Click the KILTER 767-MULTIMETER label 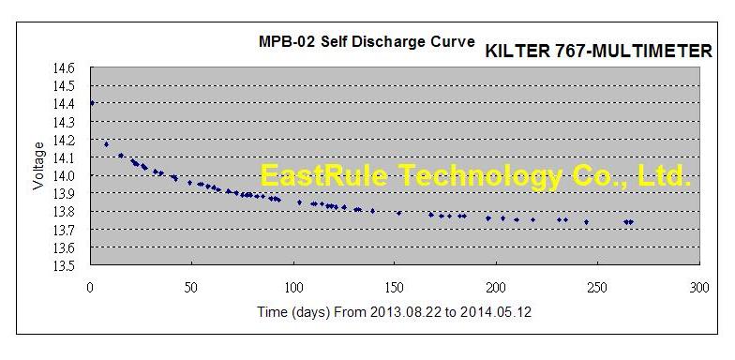coord(599,52)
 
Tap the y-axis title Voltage coord(38,166)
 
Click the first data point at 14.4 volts coord(92,103)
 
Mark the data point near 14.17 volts coord(106,144)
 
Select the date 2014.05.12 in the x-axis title coord(499,311)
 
